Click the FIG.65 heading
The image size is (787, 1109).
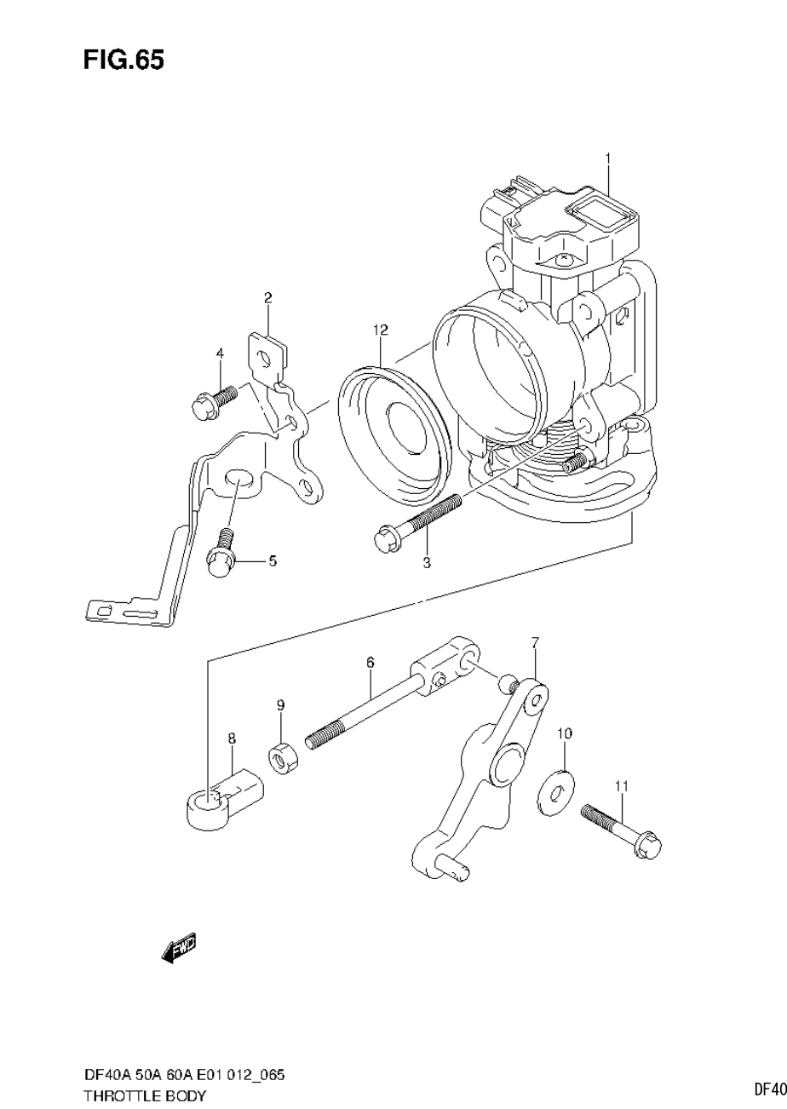point(124,60)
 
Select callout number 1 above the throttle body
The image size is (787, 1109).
point(608,158)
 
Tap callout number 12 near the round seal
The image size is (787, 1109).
point(379,330)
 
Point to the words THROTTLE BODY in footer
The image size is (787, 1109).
point(145,1095)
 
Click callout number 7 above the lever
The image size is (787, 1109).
point(535,641)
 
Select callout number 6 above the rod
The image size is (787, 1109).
point(371,662)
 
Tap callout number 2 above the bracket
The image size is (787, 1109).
point(267,298)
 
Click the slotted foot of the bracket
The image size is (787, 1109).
point(128,611)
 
